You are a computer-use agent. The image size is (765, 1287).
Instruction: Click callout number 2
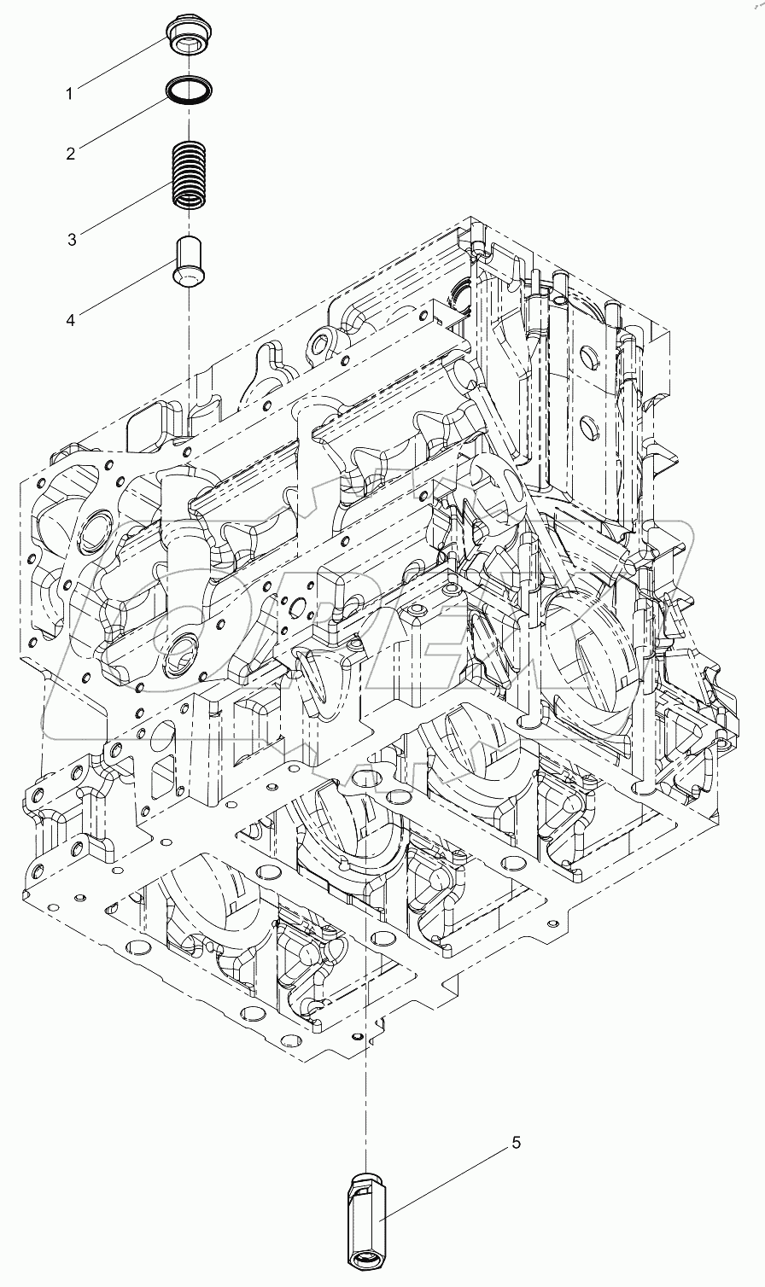click(x=72, y=154)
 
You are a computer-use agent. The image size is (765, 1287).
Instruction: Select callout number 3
click(x=73, y=239)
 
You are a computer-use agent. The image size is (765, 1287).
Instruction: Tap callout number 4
click(x=72, y=320)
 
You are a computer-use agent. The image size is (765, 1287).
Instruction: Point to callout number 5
click(x=516, y=1142)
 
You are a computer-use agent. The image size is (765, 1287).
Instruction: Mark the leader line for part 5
click(x=444, y=1182)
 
